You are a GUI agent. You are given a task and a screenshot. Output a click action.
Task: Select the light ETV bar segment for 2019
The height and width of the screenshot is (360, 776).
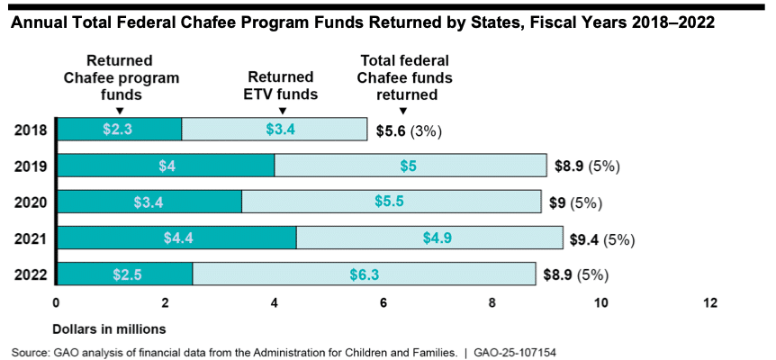411,166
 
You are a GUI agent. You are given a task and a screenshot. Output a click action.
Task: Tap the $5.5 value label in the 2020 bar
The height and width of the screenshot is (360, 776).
391,202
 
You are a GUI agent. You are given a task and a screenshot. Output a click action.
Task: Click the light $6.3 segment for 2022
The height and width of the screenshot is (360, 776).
364,274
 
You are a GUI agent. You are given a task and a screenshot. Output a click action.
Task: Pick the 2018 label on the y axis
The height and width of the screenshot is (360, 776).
31,130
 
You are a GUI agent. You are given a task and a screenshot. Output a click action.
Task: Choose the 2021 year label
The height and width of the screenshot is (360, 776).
31,238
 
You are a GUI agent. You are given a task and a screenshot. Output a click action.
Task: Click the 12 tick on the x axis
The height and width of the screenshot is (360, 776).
710,303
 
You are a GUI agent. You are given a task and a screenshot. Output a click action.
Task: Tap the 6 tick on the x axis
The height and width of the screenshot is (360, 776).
383,303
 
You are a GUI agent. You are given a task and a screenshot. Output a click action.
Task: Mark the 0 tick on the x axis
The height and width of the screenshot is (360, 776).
56,303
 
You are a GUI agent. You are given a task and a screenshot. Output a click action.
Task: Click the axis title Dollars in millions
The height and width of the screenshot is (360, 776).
109,327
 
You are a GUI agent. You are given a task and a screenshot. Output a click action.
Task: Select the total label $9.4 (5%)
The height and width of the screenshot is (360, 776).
602,238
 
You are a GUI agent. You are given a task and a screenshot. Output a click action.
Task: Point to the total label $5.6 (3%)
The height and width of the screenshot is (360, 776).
407,130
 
